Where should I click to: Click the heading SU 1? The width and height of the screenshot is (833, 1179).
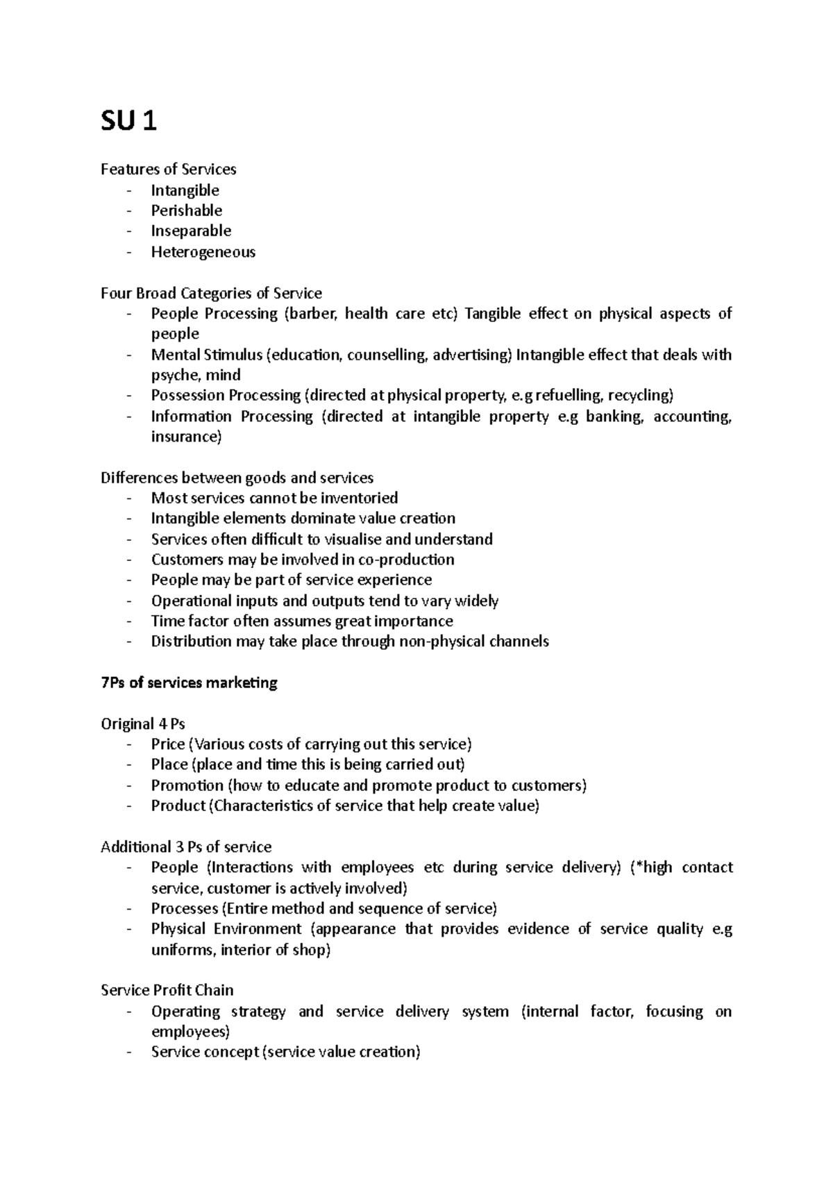[129, 122]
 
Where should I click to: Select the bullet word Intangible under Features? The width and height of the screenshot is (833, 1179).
[185, 190]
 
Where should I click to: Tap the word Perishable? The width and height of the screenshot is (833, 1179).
[186, 210]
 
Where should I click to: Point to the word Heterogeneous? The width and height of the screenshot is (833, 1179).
[203, 252]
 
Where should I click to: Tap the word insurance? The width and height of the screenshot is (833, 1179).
[186, 437]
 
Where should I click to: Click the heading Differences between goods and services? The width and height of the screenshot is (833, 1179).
[237, 478]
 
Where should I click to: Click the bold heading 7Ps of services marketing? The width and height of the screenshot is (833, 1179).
[189, 683]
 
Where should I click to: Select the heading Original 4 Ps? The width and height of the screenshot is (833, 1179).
[143, 724]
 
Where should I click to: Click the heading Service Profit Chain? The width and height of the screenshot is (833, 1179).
[167, 990]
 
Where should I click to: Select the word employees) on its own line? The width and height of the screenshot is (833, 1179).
[190, 1032]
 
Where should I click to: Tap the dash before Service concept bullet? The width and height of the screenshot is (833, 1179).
[129, 1053]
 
